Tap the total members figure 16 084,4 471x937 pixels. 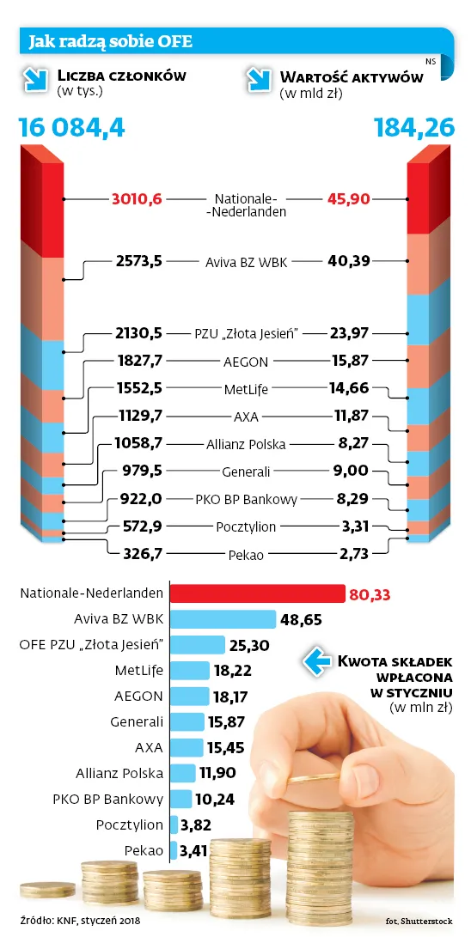(x=72, y=128)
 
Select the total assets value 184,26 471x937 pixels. (x=413, y=128)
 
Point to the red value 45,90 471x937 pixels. (x=348, y=199)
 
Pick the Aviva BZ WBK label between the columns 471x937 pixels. (x=246, y=259)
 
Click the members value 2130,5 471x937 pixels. (x=138, y=333)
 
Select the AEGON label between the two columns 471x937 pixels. (x=246, y=362)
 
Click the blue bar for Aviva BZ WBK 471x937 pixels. (x=223, y=619)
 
